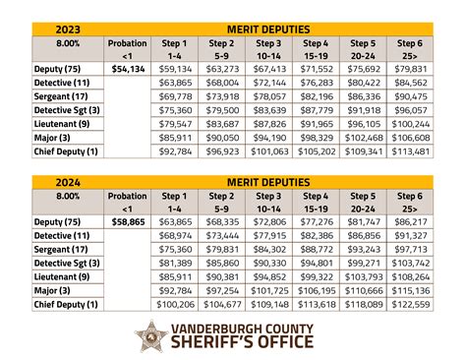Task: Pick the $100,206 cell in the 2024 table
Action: point(174,306)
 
